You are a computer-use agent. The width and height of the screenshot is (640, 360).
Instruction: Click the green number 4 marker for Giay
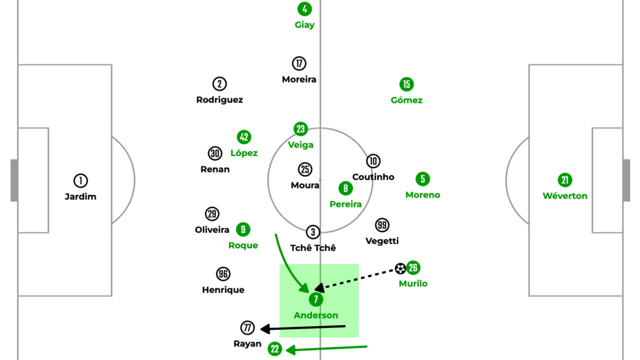(304, 9)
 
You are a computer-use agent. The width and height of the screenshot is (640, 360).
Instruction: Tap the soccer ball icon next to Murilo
(400, 269)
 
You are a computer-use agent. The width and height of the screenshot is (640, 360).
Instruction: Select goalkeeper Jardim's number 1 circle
(80, 180)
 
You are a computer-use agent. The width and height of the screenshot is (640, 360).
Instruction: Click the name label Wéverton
(565, 196)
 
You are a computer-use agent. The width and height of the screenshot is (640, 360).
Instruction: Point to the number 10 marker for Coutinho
(373, 161)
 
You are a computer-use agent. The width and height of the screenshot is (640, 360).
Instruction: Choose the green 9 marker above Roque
(243, 229)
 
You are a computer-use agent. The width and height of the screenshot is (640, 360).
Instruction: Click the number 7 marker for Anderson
(316, 299)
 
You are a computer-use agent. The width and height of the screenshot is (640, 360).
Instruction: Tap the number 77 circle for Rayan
(247, 328)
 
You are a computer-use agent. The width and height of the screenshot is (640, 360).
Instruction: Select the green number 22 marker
(274, 349)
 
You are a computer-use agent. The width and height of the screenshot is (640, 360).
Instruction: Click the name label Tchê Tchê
(313, 248)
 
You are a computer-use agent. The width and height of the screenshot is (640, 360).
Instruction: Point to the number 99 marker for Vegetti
(382, 225)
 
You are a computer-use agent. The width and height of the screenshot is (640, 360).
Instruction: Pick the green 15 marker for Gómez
(406, 84)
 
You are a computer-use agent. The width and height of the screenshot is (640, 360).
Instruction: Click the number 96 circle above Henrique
(223, 274)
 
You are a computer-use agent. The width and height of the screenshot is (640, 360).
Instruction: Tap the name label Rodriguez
(219, 99)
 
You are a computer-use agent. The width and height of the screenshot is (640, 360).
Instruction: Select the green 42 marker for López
(243, 137)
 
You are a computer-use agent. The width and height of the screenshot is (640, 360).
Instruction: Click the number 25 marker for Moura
(305, 169)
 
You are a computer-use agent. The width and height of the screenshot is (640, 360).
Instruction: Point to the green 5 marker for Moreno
(422, 179)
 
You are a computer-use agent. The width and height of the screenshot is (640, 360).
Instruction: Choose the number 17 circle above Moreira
(299, 63)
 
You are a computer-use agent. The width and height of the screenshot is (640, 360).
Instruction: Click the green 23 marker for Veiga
(300, 129)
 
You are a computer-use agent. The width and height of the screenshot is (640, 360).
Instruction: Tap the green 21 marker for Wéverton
(565, 180)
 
